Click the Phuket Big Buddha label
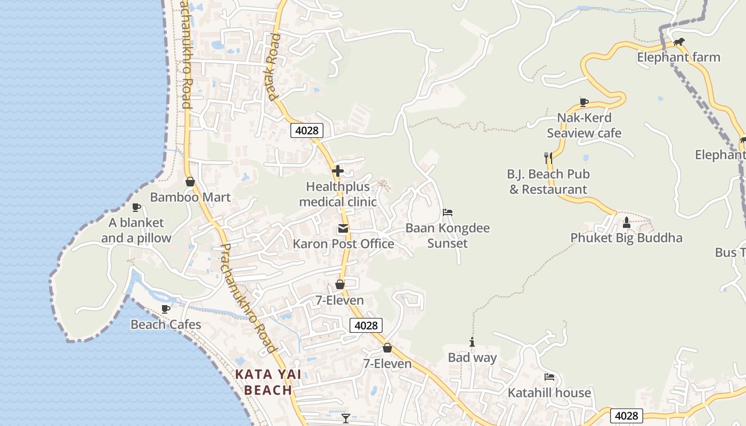point(626,238)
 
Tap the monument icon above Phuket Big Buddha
point(627,222)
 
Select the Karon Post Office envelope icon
point(343,229)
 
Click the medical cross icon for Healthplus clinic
point(338,171)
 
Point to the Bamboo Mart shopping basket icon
point(190,182)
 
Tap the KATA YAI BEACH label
point(269,382)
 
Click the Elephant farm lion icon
point(678,42)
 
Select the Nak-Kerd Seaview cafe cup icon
point(584,102)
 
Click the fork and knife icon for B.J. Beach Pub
point(548,158)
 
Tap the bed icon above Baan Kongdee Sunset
point(448,212)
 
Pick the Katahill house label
point(549,393)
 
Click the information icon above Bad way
point(472,342)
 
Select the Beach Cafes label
point(166,325)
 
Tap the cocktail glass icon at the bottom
point(346,419)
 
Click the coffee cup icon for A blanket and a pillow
point(136,207)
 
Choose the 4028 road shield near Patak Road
point(307,130)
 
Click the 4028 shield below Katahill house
point(626,416)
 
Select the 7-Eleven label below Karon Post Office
point(339,301)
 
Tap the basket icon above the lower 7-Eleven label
point(387,348)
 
